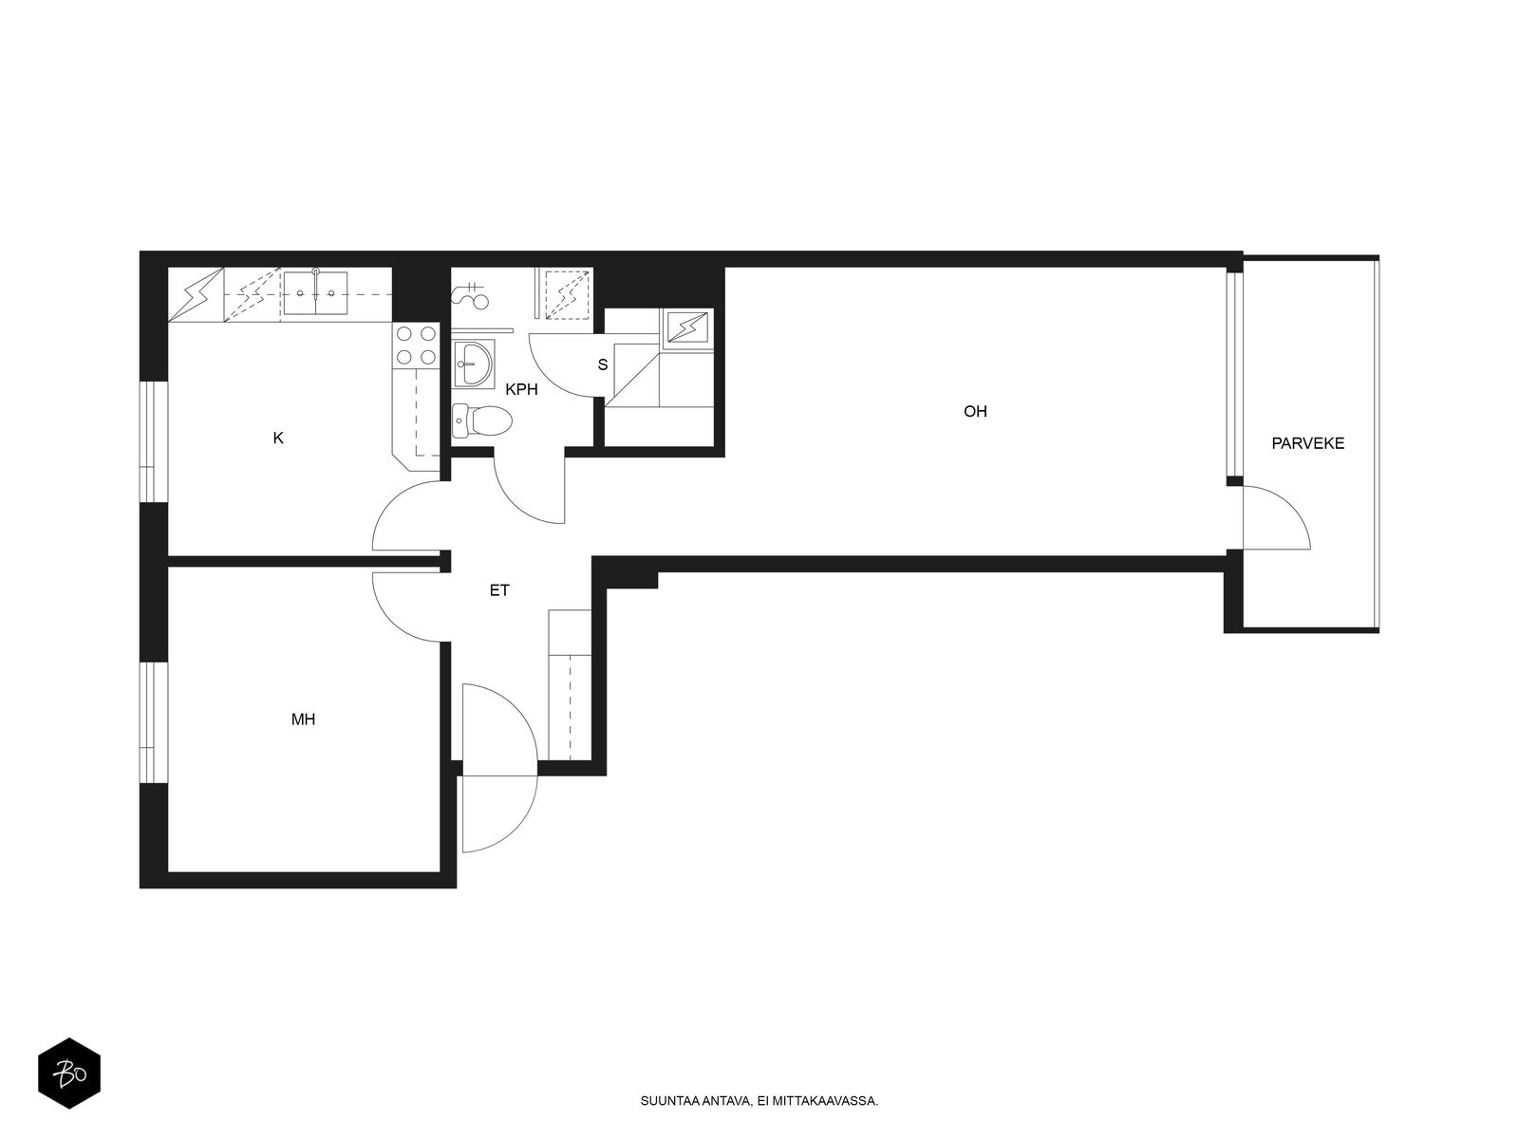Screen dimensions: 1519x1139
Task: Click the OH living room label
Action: [974, 412]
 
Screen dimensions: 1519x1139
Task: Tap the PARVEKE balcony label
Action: [1307, 443]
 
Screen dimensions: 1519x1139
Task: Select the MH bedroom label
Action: [303, 719]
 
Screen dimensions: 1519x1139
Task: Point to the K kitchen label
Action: [278, 438]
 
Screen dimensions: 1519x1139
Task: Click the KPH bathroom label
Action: [521, 389]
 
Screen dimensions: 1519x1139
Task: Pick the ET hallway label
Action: [499, 589]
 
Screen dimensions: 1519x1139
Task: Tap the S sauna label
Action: [603, 364]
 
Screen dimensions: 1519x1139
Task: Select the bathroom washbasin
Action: [474, 364]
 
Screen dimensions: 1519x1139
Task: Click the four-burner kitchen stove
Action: [416, 345]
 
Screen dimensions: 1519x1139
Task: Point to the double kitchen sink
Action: [315, 292]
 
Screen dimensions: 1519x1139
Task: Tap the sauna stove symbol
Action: [687, 327]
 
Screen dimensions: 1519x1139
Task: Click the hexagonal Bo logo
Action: [69, 1073]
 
